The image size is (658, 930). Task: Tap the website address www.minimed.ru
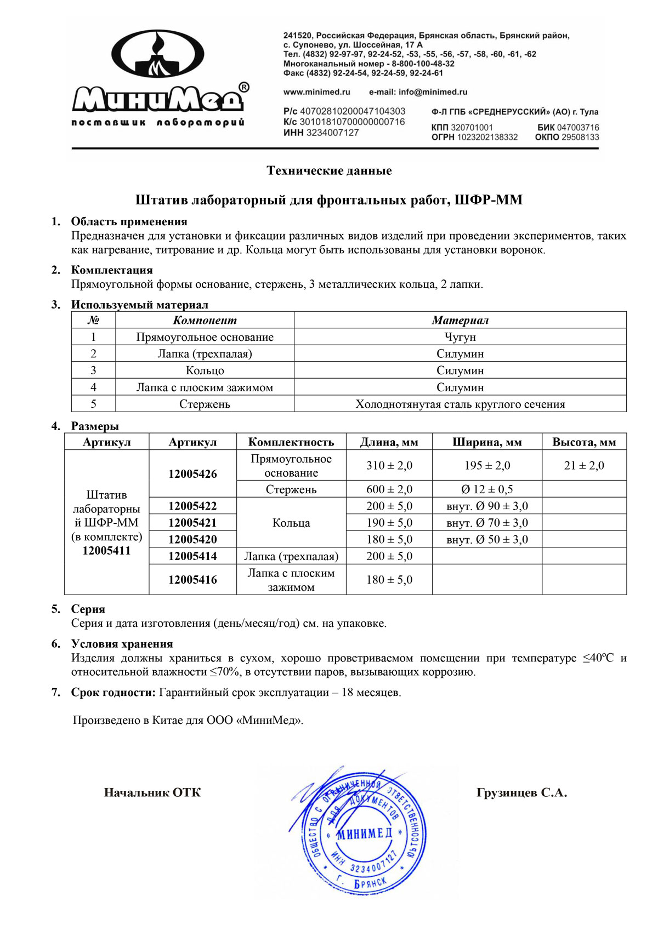[x=316, y=92]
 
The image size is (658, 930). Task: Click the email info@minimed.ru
[x=418, y=92]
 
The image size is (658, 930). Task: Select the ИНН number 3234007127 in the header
[x=332, y=133]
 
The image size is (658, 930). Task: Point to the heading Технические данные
[x=329, y=170]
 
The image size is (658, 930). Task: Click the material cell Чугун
[x=460, y=337]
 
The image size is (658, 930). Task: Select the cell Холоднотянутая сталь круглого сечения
[x=460, y=404]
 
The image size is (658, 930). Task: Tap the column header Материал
[x=460, y=320]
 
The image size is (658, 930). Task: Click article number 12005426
[x=192, y=473]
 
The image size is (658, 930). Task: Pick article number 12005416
[x=192, y=579]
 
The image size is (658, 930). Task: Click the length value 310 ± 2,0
[x=389, y=465]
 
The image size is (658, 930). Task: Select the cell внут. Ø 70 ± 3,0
[x=487, y=523]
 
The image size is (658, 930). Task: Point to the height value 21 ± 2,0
[x=584, y=465]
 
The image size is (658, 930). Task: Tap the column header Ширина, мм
[x=487, y=442]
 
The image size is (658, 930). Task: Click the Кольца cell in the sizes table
[x=291, y=523]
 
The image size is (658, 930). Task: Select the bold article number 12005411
[x=106, y=551]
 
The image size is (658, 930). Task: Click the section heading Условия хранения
[x=122, y=644]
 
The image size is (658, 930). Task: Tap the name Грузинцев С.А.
[x=521, y=792]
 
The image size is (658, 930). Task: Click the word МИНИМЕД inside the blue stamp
[x=364, y=834]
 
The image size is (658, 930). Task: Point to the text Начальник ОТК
[x=152, y=792]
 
